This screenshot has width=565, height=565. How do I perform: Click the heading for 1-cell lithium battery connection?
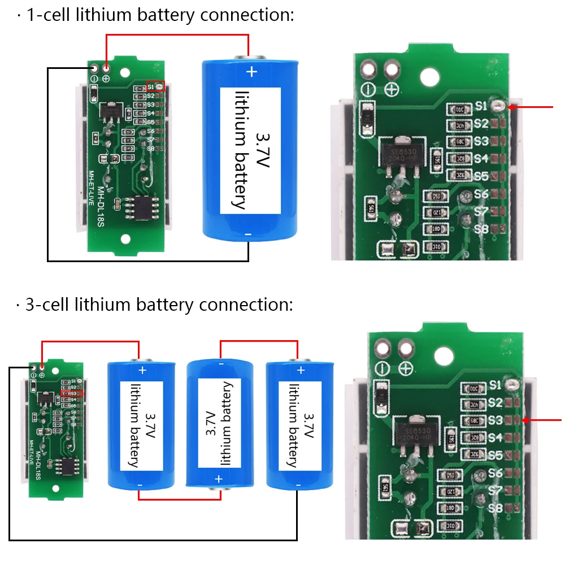click(155, 15)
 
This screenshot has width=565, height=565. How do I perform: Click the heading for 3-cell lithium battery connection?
click(155, 305)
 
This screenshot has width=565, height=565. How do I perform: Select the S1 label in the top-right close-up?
click(481, 106)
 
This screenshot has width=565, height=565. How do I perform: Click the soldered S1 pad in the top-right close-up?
click(498, 105)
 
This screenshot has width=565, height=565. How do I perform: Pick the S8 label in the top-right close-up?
click(481, 229)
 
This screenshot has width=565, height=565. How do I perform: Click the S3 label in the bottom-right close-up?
click(496, 420)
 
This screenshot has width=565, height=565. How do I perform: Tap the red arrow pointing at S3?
click(542, 420)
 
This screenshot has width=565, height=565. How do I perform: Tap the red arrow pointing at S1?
click(531, 106)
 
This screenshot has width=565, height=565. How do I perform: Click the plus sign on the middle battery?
click(219, 479)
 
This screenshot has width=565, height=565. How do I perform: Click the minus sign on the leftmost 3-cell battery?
click(140, 485)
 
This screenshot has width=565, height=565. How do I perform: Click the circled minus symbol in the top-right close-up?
click(368, 89)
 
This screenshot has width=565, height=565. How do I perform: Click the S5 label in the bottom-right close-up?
click(496, 455)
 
